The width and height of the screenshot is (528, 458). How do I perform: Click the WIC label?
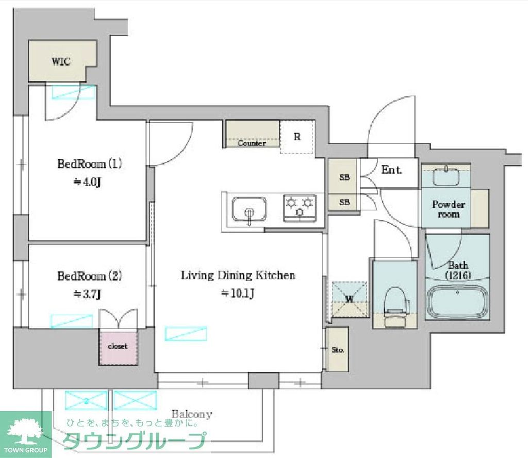[x=61, y=61]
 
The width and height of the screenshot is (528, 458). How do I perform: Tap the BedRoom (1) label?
[x=89, y=164]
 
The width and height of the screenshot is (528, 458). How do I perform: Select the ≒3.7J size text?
[x=86, y=294]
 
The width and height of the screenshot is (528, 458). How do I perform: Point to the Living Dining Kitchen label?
[x=238, y=275]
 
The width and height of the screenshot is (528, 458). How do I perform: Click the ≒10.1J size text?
[x=238, y=293]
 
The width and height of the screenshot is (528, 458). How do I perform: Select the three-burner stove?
[x=300, y=207]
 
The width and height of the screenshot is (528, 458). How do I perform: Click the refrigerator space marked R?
[x=297, y=137]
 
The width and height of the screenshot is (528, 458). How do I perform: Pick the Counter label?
[x=252, y=143]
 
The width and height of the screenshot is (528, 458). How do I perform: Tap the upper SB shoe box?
[x=344, y=177]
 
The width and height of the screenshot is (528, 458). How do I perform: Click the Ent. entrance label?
[x=391, y=169]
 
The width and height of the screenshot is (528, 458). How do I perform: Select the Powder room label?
[x=448, y=209]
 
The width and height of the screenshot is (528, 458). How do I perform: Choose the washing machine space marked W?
[x=349, y=298]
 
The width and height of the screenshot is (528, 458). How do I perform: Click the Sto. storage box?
[x=338, y=349]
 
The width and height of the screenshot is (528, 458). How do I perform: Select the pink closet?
[x=117, y=347]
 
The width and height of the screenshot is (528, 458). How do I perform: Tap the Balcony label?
[x=192, y=414]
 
